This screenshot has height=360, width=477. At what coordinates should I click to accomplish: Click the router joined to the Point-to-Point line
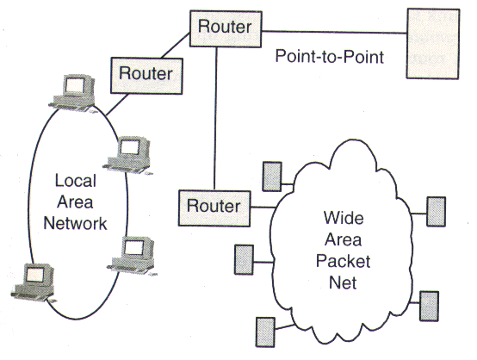[225, 26]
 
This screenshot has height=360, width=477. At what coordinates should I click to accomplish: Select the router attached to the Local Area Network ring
[146, 72]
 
